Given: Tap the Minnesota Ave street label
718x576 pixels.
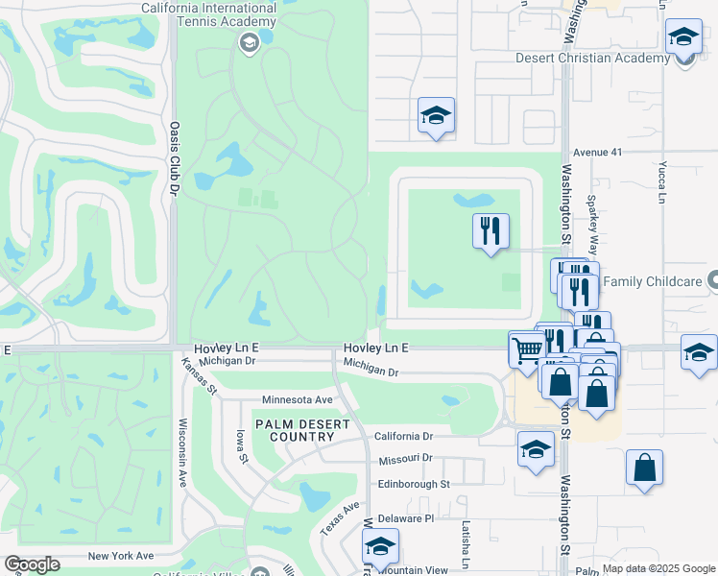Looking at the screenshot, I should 297,399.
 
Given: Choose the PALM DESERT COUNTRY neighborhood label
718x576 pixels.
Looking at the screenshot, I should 295,430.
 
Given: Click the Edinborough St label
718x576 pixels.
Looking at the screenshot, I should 414,485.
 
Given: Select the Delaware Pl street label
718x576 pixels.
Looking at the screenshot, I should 405,518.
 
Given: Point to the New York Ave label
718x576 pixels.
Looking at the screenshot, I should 120,556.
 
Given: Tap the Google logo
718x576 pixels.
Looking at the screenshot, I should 33,564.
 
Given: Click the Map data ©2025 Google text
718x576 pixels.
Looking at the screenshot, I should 658,568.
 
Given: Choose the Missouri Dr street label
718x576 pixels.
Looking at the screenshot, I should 404,459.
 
